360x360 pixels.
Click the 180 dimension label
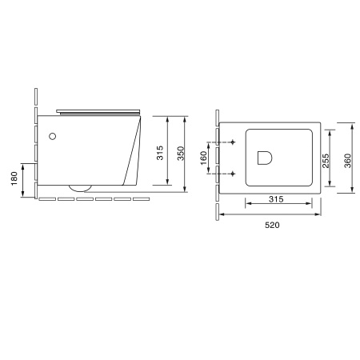[14, 178]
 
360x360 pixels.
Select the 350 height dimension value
[181, 154]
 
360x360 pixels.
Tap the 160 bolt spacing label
[203, 158]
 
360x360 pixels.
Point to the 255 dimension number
[326, 161]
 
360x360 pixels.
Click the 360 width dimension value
[348, 161]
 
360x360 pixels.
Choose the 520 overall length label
[272, 225]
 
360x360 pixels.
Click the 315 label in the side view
[160, 153]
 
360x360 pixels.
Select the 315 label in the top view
[276, 199]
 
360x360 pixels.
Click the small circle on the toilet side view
[53, 137]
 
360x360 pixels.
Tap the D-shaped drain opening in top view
[265, 158]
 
